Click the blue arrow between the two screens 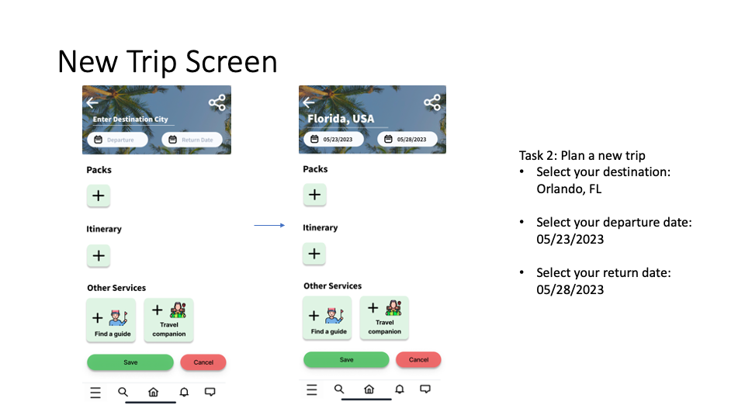tap(269, 225)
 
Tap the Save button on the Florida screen tap(346, 359)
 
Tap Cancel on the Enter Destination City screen tap(203, 362)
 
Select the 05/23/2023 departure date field tap(334, 139)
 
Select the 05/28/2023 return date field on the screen tap(407, 139)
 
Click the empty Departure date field tap(117, 140)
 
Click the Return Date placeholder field tap(192, 140)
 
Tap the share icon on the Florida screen tap(432, 102)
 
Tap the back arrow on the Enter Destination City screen tap(92, 102)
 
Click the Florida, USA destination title tap(341, 119)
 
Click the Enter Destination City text tap(130, 119)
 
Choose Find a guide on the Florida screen tap(327, 318)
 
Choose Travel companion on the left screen tap(168, 320)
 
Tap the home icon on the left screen tap(153, 392)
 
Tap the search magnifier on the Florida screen tap(339, 389)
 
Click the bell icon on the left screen tap(184, 392)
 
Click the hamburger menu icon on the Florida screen tap(312, 390)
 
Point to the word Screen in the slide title tap(231, 62)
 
